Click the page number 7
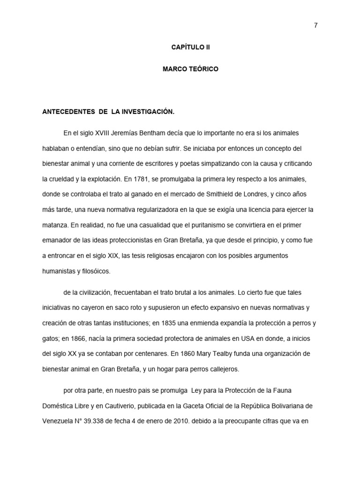pos(315,25)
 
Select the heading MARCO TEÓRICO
pos(190,69)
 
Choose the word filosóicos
pos(96,271)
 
